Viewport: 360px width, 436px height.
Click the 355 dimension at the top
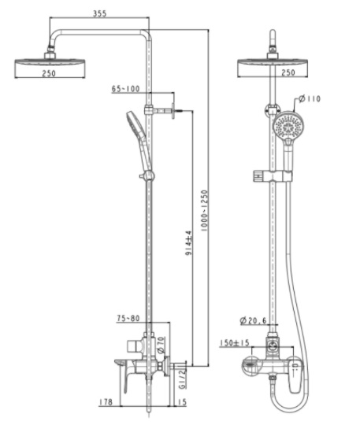99,13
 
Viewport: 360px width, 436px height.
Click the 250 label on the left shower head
48,72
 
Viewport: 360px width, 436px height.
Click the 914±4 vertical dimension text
187,245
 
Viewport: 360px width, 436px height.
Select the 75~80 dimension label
128,319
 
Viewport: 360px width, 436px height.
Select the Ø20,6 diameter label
254,320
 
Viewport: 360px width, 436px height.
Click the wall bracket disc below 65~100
171,110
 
